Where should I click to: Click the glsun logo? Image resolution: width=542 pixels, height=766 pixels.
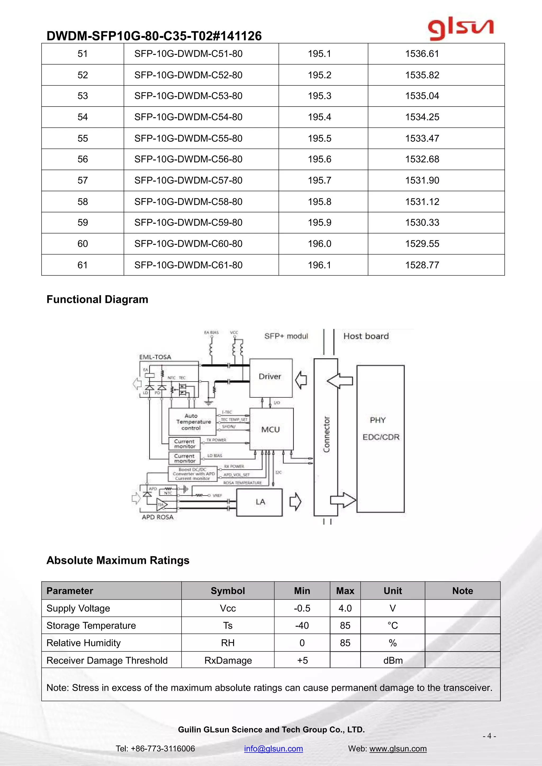pos(460,29)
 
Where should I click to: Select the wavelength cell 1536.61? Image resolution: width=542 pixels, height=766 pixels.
pos(422,54)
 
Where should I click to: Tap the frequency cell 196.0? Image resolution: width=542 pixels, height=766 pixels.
pos(319,244)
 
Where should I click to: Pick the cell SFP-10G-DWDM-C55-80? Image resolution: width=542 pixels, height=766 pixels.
pos(188,138)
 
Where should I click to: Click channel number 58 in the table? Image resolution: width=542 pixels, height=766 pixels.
pos(82,202)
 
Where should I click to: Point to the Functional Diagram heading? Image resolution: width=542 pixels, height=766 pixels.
pos(97,299)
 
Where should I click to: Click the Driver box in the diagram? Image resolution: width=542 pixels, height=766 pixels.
pos(270,377)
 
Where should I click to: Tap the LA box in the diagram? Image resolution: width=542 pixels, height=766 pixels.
pos(260,502)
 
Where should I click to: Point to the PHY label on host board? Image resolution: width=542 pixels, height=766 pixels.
pos(377,420)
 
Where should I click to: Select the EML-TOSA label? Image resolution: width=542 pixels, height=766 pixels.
pos(155,357)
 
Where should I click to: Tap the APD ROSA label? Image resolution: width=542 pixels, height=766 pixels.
pos(157,517)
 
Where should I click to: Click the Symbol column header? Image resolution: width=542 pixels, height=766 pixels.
pos(228,591)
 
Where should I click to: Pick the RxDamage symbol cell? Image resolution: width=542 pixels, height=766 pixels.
pos(228,660)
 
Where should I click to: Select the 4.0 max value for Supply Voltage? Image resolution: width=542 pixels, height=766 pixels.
pos(345,608)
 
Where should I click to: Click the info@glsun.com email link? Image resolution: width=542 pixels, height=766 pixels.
pos(273,749)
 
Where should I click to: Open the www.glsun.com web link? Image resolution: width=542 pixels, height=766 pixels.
pos(398,749)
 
